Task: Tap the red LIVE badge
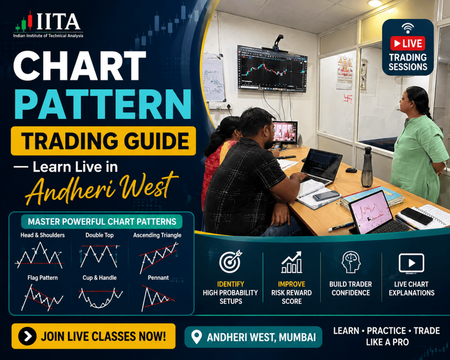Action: tap(407, 44)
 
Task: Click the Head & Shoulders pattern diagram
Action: tap(40, 255)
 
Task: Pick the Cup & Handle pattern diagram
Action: tap(101, 298)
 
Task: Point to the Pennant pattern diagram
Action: tap(158, 298)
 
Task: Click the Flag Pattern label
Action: tap(43, 278)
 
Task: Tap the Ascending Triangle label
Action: tap(157, 235)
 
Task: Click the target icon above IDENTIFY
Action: tap(230, 261)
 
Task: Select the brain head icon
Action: tap(351, 262)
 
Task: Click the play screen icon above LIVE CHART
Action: tap(411, 263)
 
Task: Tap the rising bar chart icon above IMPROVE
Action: tap(292, 262)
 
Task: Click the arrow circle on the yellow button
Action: tap(27, 336)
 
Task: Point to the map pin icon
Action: tap(196, 337)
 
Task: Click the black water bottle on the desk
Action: tap(367, 167)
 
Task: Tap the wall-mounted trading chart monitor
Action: tap(272, 69)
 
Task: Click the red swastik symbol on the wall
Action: tap(348, 99)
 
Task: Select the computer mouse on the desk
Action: tap(351, 170)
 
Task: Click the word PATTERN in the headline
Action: tap(103, 104)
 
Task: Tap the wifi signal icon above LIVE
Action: tap(407, 28)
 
